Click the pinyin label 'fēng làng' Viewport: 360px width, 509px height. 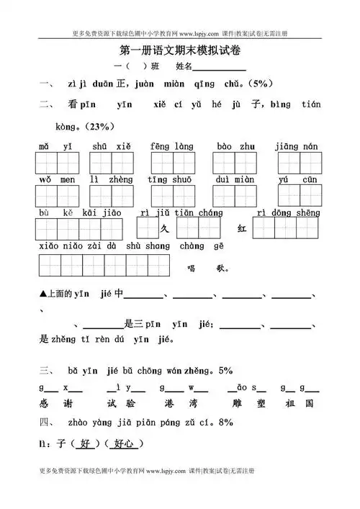click(x=170, y=146)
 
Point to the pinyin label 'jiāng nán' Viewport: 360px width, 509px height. click(x=296, y=146)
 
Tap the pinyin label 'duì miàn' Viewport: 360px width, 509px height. click(x=234, y=180)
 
